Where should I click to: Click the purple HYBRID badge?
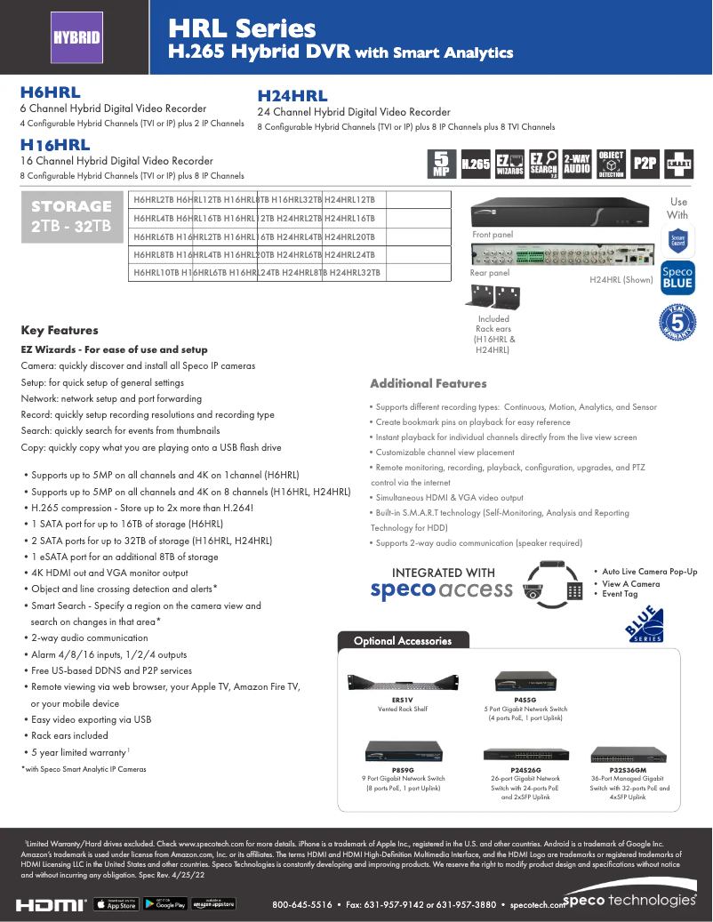76,37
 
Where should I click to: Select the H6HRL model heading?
50,92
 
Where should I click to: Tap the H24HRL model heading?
292,96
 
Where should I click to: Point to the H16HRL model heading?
55,145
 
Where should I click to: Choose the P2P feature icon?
644,163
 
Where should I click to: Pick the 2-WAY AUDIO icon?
577,163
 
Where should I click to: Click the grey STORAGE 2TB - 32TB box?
71,216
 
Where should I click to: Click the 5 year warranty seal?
677,322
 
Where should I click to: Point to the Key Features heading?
60,331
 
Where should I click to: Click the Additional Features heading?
428,384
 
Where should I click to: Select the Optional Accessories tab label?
402,641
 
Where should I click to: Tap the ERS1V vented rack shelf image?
402,682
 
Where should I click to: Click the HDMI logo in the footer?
52,904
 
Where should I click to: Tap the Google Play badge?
164,904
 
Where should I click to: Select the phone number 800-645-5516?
301,905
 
